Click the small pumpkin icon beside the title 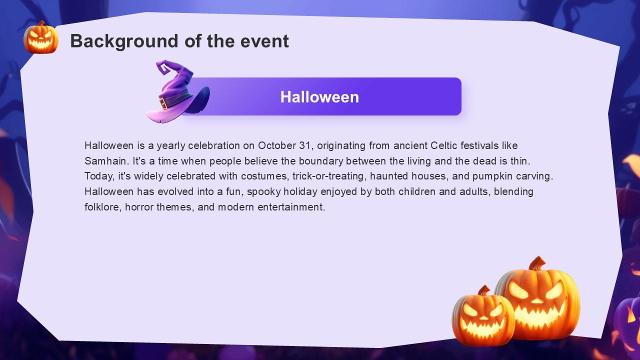41,38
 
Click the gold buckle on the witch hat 163,103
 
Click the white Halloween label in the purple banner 319,96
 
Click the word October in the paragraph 277,146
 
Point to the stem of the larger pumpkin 537,263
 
